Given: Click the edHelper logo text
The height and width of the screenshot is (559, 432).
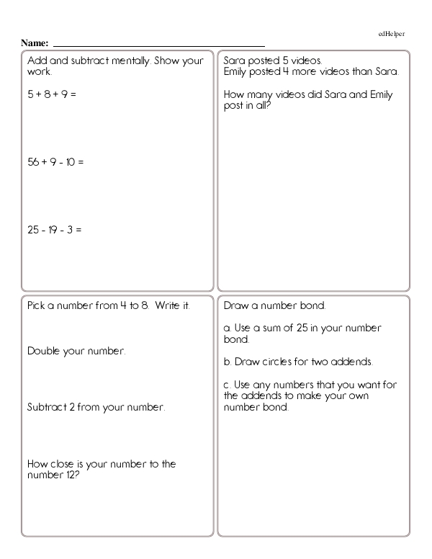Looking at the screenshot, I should tap(392, 34).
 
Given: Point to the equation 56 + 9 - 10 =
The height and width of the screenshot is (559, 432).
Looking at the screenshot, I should tap(55, 162).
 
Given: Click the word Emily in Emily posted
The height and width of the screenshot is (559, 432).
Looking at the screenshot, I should tap(236, 71).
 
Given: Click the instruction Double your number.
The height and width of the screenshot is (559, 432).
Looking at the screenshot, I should tap(76, 352).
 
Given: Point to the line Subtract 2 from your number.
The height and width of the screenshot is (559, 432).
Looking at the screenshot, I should tap(96, 407).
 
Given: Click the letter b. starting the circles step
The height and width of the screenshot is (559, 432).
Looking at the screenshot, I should tap(228, 361).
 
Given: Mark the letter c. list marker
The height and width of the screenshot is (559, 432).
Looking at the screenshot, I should tap(228, 384).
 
